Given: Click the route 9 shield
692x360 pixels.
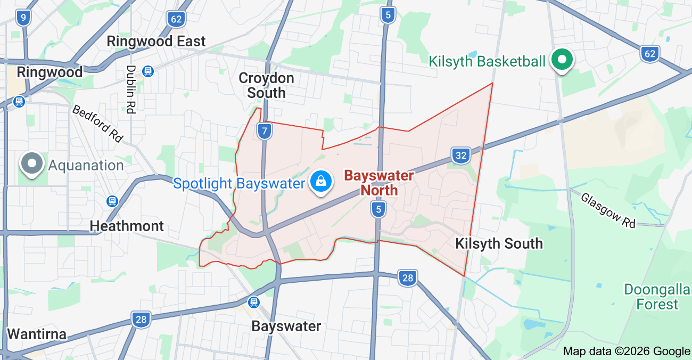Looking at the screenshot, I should click(23, 18).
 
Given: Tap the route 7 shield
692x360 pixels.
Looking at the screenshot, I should click(265, 130).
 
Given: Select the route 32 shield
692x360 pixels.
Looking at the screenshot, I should click(461, 156).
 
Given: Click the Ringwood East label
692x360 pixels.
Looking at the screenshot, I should click(156, 41).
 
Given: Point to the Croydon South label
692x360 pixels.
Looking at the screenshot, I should click(266, 85).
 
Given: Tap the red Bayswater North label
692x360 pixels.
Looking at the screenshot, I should click(378, 183).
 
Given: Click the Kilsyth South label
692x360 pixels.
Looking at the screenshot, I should click(499, 243).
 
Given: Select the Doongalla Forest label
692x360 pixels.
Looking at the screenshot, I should click(658, 297).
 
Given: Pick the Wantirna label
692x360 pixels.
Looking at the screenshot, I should click(37, 334).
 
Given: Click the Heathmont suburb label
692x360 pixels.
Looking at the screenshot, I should click(127, 226).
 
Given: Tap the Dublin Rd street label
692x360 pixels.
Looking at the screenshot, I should click(130, 89).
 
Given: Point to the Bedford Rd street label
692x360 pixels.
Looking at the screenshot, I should click(97, 123).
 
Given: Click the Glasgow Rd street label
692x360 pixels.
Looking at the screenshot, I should click(608, 210).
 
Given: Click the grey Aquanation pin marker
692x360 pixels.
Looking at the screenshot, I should click(32, 163).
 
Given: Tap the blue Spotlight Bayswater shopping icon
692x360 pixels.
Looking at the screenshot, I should click(321, 182).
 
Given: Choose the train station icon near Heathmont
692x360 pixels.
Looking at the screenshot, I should click(112, 201).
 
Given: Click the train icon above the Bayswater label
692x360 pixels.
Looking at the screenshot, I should click(254, 302).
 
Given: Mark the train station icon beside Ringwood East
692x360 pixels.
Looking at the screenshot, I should click(148, 71).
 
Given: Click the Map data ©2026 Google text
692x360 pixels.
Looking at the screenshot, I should click(627, 351).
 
